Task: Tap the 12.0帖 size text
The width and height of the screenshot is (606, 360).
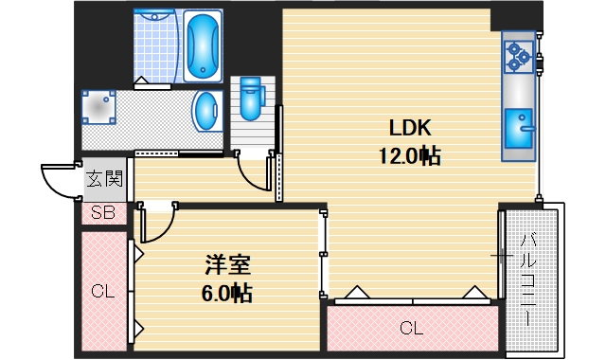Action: pyautogui.click(x=410, y=156)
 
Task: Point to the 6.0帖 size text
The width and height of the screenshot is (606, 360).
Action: pyautogui.click(x=227, y=293)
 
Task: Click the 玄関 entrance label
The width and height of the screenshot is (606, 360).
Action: pyautogui.click(x=104, y=177)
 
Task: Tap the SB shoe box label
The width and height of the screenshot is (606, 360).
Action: pyautogui.click(x=103, y=213)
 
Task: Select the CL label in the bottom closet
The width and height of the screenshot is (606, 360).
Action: pyautogui.click(x=410, y=329)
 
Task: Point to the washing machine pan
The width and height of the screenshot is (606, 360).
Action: pyautogui.click(x=99, y=109)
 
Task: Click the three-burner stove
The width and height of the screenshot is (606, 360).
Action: pyautogui.click(x=518, y=58)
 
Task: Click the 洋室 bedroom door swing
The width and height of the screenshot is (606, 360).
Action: pyautogui.click(x=157, y=224)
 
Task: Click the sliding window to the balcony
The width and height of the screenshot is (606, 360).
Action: pyautogui.click(x=500, y=254)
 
